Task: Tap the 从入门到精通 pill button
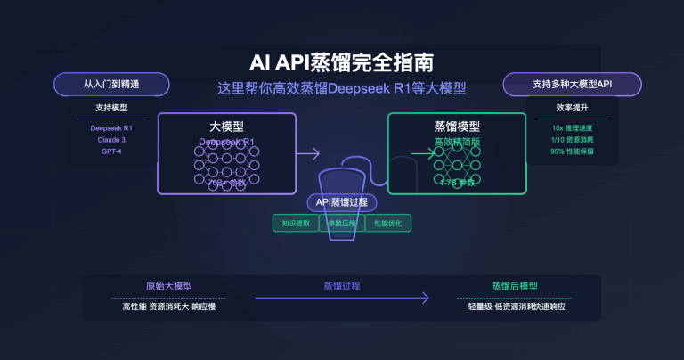pos(111,84)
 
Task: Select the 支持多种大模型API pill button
pos(573,84)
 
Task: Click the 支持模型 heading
pos(111,108)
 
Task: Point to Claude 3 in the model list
pos(111,140)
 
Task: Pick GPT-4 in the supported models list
pos(111,151)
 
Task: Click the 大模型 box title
pos(226,127)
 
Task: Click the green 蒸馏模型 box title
pos(457,127)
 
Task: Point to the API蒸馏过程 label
pos(342,202)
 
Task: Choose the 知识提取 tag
pos(296,223)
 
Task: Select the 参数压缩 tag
pos(342,223)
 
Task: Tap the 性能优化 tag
pos(388,223)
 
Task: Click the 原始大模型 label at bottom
pos(168,286)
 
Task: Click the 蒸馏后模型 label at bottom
pos(514,286)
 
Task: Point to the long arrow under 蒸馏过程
pos(342,298)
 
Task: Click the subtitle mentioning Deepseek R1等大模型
pos(342,89)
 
